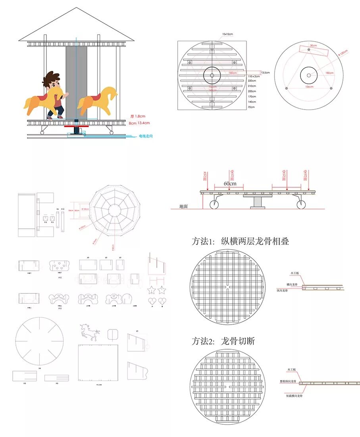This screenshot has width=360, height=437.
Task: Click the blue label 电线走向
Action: [x=146, y=136]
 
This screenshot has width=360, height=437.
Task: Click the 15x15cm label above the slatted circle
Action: [x=228, y=34]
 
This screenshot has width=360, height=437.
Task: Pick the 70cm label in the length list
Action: [x=251, y=107]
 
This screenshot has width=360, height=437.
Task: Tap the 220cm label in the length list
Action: [x=252, y=81]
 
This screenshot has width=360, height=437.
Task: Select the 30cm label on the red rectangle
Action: [x=314, y=46]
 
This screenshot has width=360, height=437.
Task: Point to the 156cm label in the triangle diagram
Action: [x=309, y=87]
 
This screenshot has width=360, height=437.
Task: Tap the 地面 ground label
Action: [x=183, y=206]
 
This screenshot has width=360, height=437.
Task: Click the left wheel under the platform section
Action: [x=214, y=205]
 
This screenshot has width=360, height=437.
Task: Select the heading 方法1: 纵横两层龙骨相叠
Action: [x=240, y=241]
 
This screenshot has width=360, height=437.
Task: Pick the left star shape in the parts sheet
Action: [x=152, y=290]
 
